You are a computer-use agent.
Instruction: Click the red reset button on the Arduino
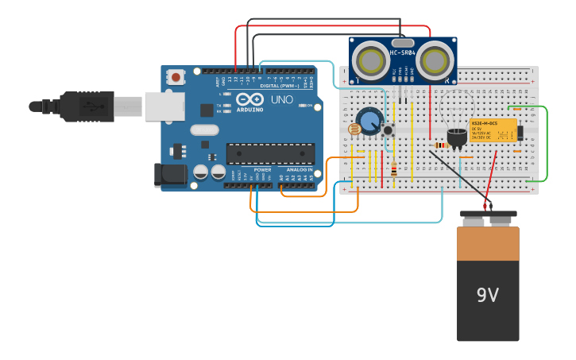pyautogui.click(x=176, y=76)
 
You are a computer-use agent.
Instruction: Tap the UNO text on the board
pyautogui.click(x=282, y=100)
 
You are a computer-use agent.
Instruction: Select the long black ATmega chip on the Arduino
pyautogui.click(x=270, y=153)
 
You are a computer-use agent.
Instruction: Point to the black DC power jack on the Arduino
pyautogui.click(x=171, y=175)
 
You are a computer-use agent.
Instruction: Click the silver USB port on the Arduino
pyautogui.click(x=164, y=106)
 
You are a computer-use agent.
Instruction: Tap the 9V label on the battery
pyautogui.click(x=487, y=296)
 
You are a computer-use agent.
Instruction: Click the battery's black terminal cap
pyautogui.click(x=488, y=219)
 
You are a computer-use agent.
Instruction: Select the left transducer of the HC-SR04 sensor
pyautogui.click(x=370, y=60)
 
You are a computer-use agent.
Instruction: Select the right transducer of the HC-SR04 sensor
pyautogui.click(x=435, y=60)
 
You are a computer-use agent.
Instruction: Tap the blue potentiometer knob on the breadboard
pyautogui.click(x=369, y=122)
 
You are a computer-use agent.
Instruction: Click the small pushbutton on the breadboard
pyautogui.click(x=389, y=130)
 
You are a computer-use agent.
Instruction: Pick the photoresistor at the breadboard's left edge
pyautogui.click(x=354, y=129)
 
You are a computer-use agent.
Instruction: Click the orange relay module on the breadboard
pyautogui.click(x=493, y=130)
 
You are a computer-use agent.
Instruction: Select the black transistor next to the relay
pyautogui.click(x=457, y=137)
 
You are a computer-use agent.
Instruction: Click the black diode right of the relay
pyautogui.click(x=520, y=131)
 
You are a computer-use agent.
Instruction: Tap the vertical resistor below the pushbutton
pyautogui.click(x=395, y=168)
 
